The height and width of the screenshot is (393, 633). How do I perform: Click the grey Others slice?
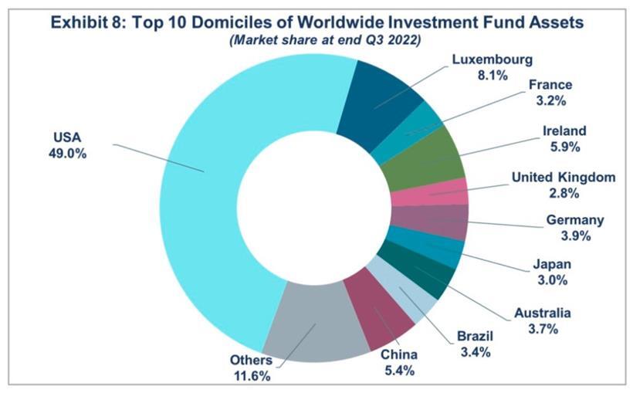315,324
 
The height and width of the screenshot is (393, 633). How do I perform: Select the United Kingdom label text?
564,178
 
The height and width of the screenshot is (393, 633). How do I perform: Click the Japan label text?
552,265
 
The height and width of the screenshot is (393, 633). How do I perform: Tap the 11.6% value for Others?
250,376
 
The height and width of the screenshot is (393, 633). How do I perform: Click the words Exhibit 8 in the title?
86,22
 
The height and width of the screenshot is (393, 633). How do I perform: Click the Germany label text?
574,221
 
